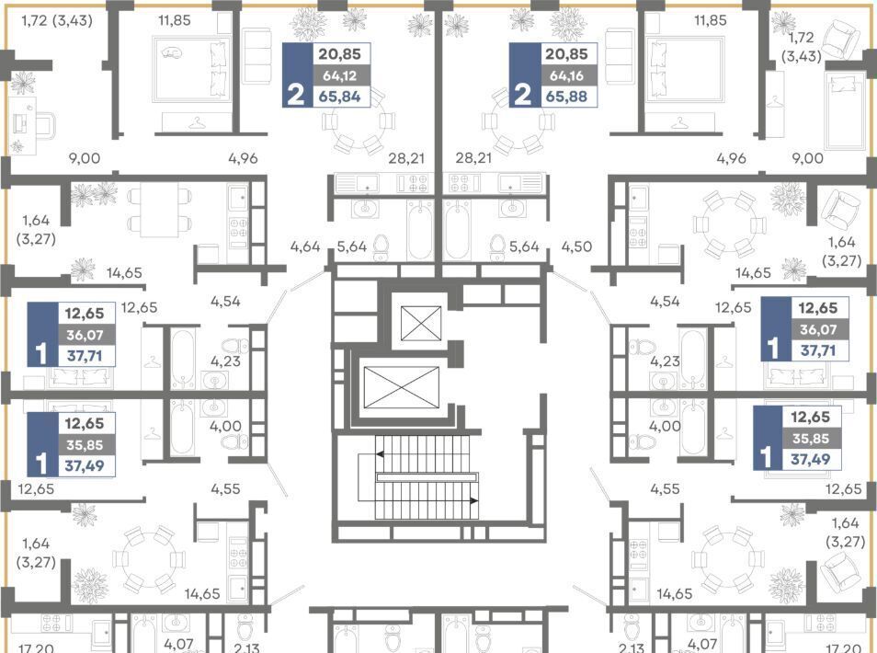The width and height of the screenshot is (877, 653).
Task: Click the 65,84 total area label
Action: pos(339,97)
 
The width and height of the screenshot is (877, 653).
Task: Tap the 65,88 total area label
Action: pos(566,97)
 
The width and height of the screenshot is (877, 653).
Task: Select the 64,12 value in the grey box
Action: pos(339,75)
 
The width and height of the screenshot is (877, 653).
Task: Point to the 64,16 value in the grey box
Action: pos(566,75)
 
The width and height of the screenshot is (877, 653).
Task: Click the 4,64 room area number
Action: pos(305,246)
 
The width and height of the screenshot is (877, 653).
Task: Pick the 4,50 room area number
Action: pos(576,246)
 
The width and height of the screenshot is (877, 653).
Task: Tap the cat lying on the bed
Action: pos(172,52)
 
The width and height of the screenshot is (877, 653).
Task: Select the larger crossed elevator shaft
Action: pos(401,387)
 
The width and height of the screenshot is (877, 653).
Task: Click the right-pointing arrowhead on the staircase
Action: pos(474,501)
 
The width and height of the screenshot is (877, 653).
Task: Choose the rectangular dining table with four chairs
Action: pos(159,211)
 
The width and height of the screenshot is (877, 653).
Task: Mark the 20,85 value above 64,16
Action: pos(566,54)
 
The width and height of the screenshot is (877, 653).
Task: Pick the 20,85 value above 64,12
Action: pos(339,54)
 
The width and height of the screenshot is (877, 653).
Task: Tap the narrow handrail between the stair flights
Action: pos(427,477)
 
